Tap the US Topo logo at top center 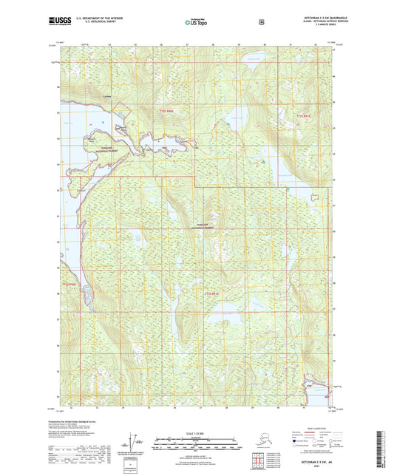click(x=196, y=23)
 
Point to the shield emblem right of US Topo click(x=262, y=22)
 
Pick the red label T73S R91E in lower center click(x=212, y=294)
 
